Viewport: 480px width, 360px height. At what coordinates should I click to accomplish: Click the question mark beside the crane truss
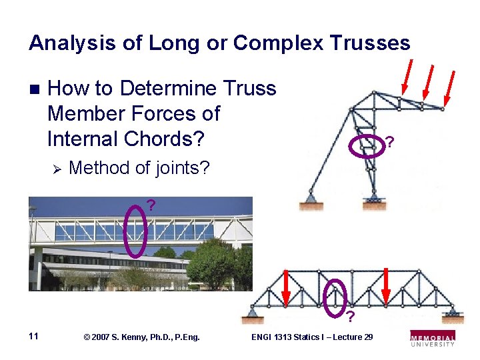[x=390, y=143]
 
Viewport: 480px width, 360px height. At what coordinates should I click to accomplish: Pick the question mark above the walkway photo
[x=151, y=205]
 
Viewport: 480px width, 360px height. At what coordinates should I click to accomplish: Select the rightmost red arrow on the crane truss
[x=449, y=87]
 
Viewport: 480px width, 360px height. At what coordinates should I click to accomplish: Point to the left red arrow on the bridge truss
[x=286, y=289]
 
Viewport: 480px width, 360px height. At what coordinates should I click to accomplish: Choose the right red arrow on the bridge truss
[x=387, y=287]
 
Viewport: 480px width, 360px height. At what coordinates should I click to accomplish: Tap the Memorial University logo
[x=433, y=337]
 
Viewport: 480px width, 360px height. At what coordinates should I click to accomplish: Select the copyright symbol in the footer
[x=87, y=337]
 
